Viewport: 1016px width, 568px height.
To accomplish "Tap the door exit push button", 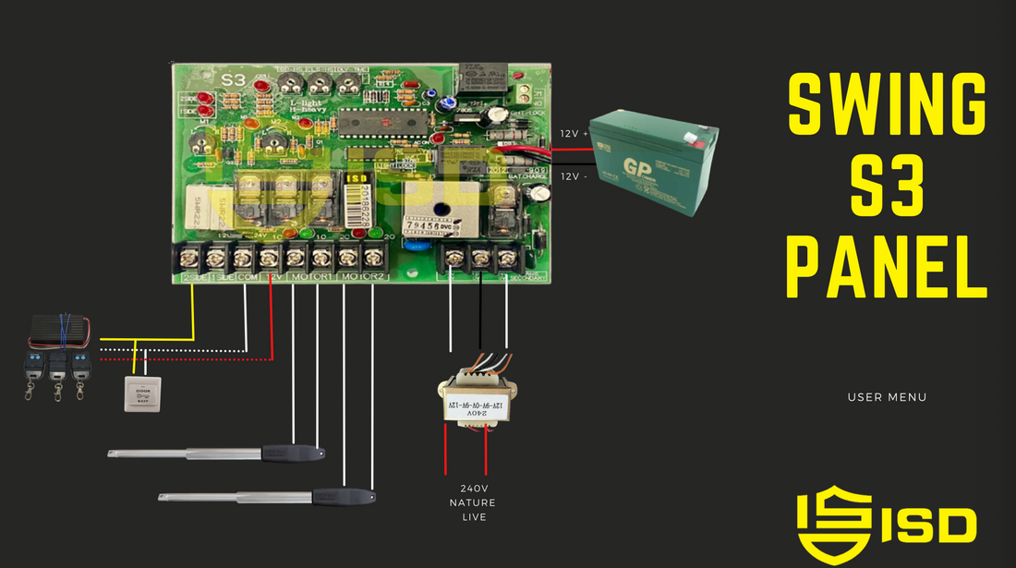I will pos(142,394).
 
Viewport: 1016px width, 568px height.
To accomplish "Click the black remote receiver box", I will pos(61,330).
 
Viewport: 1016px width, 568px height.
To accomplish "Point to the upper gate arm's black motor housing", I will pos(292,453).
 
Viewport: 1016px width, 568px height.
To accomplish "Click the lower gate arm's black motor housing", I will pos(345,497).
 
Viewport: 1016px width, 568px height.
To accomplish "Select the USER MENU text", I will pos(887,397).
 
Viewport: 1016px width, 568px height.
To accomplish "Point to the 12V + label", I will pos(574,134).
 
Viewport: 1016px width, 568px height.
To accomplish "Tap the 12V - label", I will pos(574,176).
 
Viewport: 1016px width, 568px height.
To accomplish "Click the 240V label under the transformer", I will pos(473,488).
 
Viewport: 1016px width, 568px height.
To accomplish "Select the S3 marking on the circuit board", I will pos(234,81).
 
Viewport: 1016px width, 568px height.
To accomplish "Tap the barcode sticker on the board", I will pos(357,204).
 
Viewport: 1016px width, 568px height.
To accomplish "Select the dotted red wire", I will pos(185,358).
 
